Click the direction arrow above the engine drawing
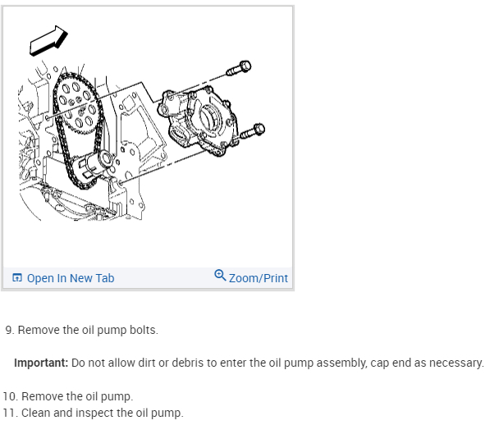[x=47, y=40]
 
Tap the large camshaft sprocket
[x=76, y=100]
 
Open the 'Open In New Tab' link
[x=70, y=278]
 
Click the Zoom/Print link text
[x=258, y=278]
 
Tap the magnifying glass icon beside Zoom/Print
[x=220, y=276]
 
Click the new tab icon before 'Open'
[x=17, y=278]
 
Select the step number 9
[x=9, y=330]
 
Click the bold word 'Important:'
[x=41, y=363]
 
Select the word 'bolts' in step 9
[x=142, y=330]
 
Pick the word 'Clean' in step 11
[x=35, y=412]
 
